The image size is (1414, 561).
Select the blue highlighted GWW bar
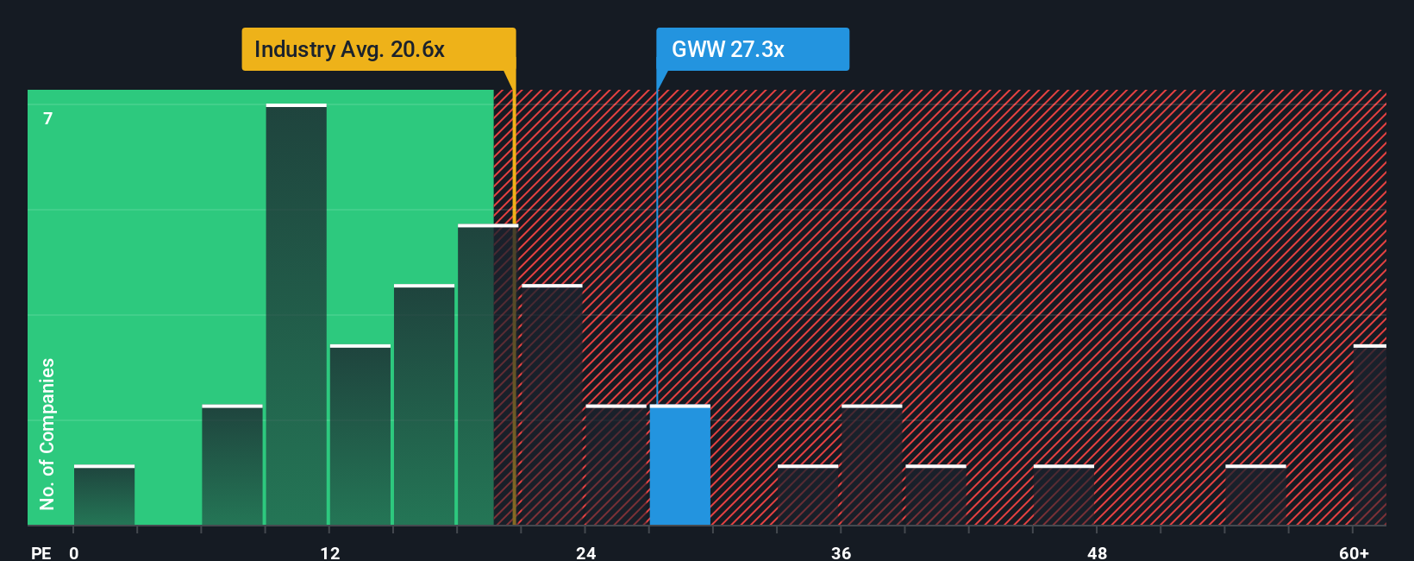point(680,465)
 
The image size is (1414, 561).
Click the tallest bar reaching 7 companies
point(296,315)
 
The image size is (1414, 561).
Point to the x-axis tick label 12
point(329,553)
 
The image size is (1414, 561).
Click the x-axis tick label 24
point(585,553)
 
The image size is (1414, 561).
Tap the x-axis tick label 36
point(841,553)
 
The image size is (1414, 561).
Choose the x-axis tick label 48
point(1097,553)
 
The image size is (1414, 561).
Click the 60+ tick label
point(1354,553)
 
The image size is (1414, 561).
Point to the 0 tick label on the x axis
point(74,553)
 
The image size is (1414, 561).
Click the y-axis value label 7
point(48,118)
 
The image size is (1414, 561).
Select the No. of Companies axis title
point(47,434)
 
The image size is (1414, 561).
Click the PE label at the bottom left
point(41,553)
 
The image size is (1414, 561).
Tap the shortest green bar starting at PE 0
point(104,495)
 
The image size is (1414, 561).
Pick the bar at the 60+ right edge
point(1370,435)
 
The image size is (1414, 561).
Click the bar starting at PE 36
point(872,465)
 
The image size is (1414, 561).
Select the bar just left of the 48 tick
point(1064,495)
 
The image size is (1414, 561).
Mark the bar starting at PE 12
point(360,435)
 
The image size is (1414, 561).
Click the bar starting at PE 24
point(616,465)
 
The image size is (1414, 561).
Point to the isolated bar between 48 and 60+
point(1255,495)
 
